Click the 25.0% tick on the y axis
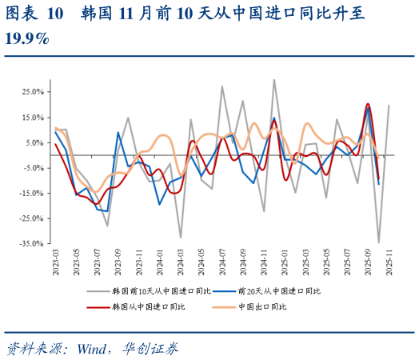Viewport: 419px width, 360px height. [x=33, y=92]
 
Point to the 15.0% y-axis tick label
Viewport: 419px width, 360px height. [x=33, y=118]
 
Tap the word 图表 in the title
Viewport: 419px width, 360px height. [x=22, y=14]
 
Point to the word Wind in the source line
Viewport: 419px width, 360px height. [x=94, y=349]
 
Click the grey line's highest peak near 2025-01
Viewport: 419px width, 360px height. [x=274, y=79]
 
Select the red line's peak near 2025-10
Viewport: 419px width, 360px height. [x=368, y=104]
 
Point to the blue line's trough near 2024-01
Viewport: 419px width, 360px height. [x=160, y=204]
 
